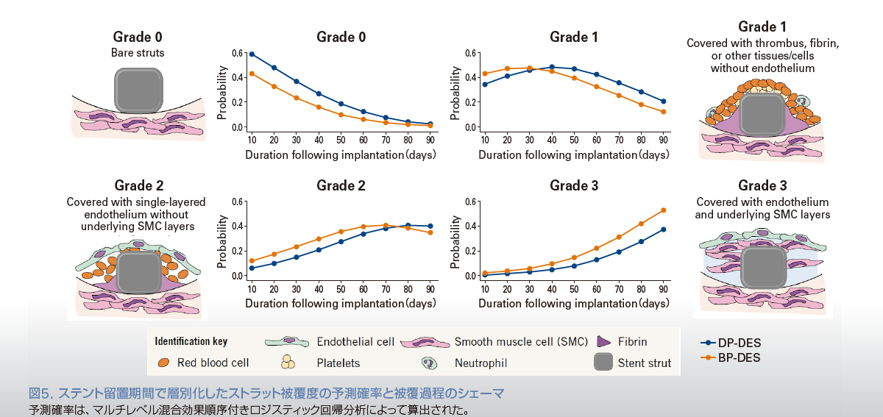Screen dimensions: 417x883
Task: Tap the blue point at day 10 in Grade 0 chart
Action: [x=252, y=54]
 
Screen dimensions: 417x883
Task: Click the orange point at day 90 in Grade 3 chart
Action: [x=664, y=210]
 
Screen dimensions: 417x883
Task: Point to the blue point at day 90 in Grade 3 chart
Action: [x=664, y=229]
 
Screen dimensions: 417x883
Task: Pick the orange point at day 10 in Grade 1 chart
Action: [x=485, y=74]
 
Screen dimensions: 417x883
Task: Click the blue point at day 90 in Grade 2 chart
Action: [x=430, y=226]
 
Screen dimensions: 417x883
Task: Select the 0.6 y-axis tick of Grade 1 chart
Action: [x=469, y=52]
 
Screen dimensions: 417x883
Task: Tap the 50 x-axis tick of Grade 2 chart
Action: [x=341, y=288]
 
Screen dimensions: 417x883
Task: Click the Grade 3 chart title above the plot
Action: [x=574, y=185]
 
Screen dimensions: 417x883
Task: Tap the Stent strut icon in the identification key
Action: [x=603, y=362]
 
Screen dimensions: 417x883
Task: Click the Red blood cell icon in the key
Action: [x=163, y=363]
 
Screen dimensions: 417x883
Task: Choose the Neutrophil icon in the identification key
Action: [x=430, y=363]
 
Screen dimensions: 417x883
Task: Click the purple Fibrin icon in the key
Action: [x=603, y=342]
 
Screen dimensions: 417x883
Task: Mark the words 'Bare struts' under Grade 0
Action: [x=138, y=53]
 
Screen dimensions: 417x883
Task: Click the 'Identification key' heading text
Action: [x=191, y=342]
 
